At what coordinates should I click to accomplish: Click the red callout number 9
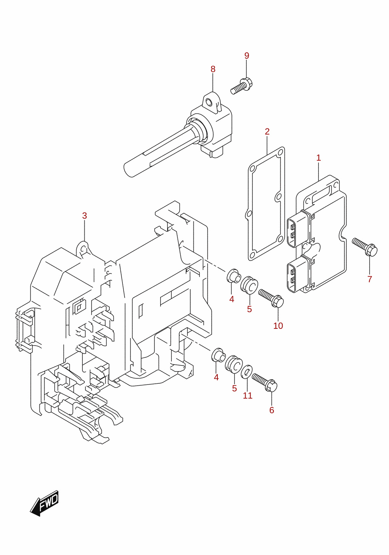(x=246, y=56)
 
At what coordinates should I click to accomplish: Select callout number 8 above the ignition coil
(x=213, y=69)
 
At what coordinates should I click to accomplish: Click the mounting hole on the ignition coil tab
(x=209, y=101)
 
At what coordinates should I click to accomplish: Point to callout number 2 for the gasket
(x=267, y=132)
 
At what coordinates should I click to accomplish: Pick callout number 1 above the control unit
(x=318, y=158)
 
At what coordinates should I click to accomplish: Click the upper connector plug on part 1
(x=299, y=229)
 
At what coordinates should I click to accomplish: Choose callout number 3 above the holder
(x=85, y=216)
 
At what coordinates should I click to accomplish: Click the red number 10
(x=278, y=326)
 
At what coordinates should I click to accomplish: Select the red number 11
(x=248, y=396)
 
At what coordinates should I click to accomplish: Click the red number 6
(x=272, y=410)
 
